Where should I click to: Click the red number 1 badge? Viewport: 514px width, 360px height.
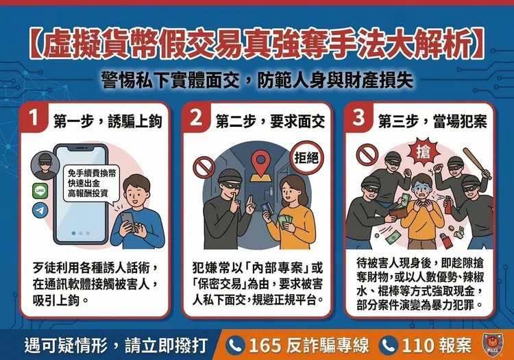(34, 121)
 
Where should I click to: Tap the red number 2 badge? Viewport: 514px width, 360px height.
(197, 121)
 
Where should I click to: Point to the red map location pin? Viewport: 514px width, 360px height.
(258, 164)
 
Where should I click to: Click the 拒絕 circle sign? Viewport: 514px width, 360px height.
(306, 156)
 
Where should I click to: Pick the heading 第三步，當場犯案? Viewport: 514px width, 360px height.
(428, 122)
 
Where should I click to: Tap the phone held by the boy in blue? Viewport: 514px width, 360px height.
(128, 221)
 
